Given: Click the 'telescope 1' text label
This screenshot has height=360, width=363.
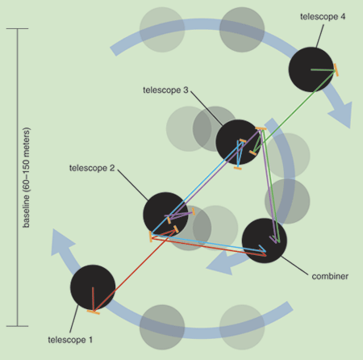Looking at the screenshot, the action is [x=70, y=340].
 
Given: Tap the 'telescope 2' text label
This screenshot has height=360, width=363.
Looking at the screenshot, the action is [x=92, y=168].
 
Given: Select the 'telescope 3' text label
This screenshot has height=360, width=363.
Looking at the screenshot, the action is [x=165, y=90].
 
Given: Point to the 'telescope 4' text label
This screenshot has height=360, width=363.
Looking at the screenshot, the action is [x=323, y=16].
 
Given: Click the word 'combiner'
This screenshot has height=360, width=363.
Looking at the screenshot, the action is [x=330, y=276].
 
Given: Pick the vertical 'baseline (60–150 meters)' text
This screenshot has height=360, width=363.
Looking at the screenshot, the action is [x=26, y=178].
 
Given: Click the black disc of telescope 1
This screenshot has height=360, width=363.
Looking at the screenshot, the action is [x=93, y=287].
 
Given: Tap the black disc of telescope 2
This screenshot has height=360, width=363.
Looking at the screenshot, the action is [x=165, y=215].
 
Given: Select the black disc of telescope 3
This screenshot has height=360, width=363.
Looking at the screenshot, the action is [x=238, y=142].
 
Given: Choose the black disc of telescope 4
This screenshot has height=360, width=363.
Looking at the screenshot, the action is [x=311, y=69].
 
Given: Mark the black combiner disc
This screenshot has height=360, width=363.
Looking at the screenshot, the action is [x=265, y=241].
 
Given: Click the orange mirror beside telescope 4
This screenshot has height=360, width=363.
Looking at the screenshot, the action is [x=336, y=70].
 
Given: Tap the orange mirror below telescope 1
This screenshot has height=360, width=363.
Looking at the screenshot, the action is [x=94, y=312].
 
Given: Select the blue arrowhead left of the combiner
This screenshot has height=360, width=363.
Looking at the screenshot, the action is [x=219, y=265].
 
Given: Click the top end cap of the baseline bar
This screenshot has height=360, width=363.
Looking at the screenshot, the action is [x=18, y=28].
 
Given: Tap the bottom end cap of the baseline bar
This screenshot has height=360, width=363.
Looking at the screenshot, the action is [x=18, y=326].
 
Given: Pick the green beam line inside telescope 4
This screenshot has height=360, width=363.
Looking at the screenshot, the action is [x=323, y=70].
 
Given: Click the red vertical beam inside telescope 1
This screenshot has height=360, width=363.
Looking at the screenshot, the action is [x=93, y=299].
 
